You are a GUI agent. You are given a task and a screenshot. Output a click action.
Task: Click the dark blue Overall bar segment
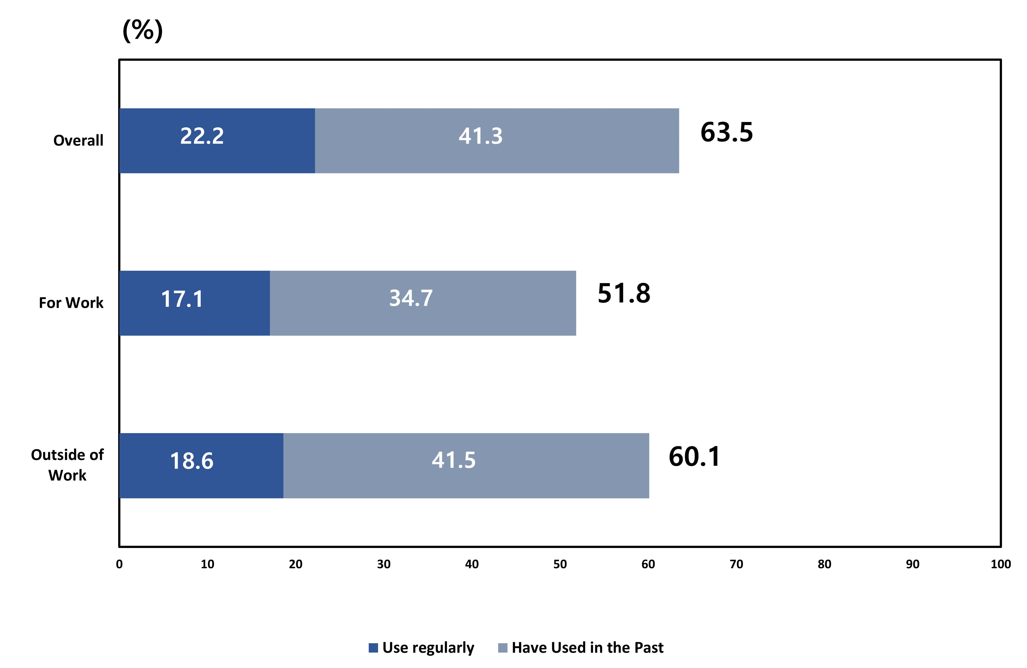pos(217,141)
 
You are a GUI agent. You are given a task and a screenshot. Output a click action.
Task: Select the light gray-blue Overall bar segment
pos(497,141)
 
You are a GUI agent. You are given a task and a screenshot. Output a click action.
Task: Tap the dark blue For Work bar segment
pos(195,303)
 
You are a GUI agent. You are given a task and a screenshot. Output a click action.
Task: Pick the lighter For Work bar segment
pos(423,303)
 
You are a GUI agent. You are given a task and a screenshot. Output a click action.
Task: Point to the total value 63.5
pos(727,132)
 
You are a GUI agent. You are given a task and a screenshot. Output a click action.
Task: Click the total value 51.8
pos(624,294)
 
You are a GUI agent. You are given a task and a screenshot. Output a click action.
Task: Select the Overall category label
pos(78,141)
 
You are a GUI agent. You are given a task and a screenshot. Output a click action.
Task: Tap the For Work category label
pos(71,303)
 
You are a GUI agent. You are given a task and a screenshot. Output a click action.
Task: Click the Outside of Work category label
pos(67,465)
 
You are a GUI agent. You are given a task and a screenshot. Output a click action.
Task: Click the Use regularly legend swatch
pos(373,648)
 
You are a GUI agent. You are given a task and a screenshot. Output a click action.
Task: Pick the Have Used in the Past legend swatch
pos(503,648)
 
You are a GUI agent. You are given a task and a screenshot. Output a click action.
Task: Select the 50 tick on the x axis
pos(560,564)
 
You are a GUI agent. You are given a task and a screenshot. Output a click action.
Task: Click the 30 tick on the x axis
pos(384,564)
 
